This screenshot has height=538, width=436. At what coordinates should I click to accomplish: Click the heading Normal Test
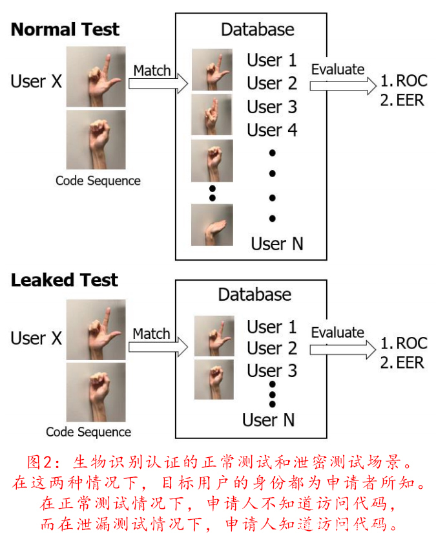(x=65, y=30)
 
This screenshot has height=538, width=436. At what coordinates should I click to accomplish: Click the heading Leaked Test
(x=64, y=280)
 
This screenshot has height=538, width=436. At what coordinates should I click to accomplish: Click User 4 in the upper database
(x=272, y=130)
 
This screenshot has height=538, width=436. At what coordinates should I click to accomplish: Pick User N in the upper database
(x=277, y=244)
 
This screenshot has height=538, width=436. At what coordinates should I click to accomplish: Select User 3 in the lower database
(x=272, y=371)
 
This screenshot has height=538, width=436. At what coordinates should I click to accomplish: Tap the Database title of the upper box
(x=257, y=30)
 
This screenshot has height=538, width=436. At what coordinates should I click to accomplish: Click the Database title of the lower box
(x=254, y=295)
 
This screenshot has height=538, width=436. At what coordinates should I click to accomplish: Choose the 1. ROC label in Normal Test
(x=403, y=81)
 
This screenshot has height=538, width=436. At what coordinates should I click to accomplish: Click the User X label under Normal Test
(x=36, y=81)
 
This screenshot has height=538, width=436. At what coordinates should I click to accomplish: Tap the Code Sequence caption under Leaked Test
(x=88, y=432)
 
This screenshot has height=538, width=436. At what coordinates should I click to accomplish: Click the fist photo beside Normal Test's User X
(x=96, y=140)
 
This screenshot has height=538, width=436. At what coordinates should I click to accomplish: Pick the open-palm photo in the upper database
(x=212, y=224)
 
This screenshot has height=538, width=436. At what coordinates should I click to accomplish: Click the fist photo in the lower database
(x=214, y=379)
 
